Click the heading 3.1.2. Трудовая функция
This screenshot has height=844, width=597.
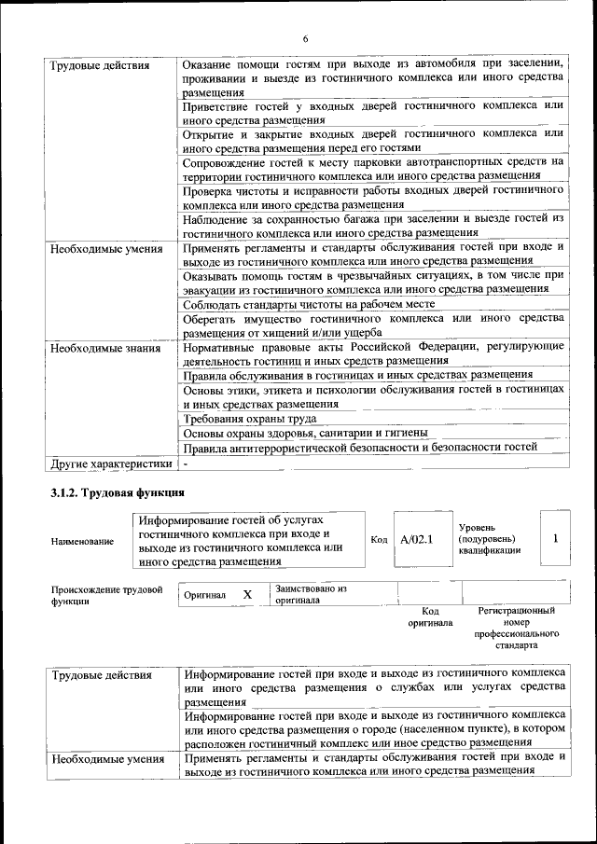point(117,491)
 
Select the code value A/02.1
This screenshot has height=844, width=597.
point(417,539)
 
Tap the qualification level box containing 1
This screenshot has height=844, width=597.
point(555,538)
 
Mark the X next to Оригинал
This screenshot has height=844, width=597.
point(247,594)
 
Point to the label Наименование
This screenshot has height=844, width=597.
point(83,541)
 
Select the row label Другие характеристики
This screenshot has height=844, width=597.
point(112,463)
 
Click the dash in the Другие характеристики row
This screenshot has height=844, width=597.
point(187,463)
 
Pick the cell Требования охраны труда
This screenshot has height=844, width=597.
point(242,418)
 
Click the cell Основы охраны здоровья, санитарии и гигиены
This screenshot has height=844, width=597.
point(305,433)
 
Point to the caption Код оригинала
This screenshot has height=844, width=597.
point(430,616)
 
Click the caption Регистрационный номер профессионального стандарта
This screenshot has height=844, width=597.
point(516,627)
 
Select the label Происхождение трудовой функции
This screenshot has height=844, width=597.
point(107,595)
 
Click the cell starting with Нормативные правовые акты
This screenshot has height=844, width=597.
point(373,353)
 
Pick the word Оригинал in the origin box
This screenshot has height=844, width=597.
point(204,595)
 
